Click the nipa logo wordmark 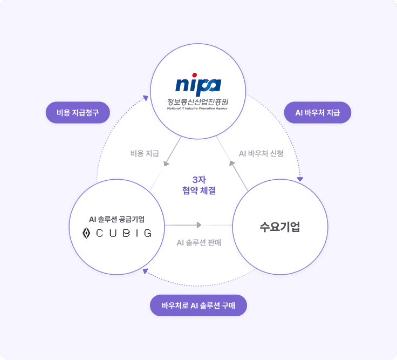pyautogui.click(x=198, y=85)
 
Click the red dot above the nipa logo pyautogui.click(x=195, y=76)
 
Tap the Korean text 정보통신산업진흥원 pyautogui.click(x=198, y=100)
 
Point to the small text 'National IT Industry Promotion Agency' pyautogui.click(x=198, y=108)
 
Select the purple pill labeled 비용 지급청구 pyautogui.click(x=78, y=113)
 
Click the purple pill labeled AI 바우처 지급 pyautogui.click(x=318, y=113)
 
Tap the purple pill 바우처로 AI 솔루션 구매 pyautogui.click(x=198, y=305)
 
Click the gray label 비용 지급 pyautogui.click(x=145, y=154)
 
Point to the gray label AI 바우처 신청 pyautogui.click(x=261, y=154)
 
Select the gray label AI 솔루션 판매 pyautogui.click(x=199, y=242)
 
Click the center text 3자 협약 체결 pyautogui.click(x=199, y=185)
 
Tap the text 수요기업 pyautogui.click(x=280, y=226)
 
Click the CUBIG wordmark pyautogui.click(x=124, y=233)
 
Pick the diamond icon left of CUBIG pyautogui.click(x=86, y=233)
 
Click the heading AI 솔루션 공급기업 pyautogui.click(x=117, y=219)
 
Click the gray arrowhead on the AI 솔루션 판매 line pyautogui.click(x=200, y=225)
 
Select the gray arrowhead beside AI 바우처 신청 pyautogui.click(x=231, y=162)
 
